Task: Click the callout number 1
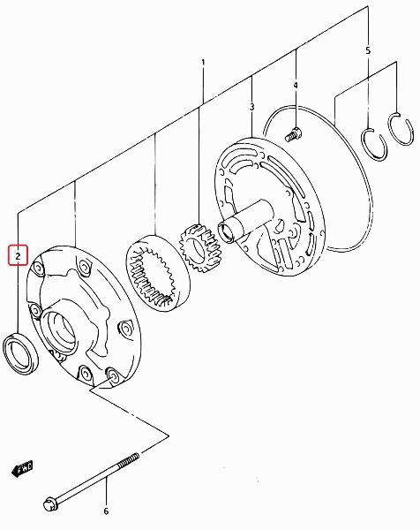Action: pyautogui.click(x=203, y=63)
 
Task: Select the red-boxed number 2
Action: pyautogui.click(x=18, y=255)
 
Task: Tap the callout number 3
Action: pyautogui.click(x=251, y=107)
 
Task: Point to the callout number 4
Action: pyautogui.click(x=296, y=85)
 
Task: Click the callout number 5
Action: pyautogui.click(x=368, y=50)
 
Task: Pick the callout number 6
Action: pyautogui.click(x=106, y=511)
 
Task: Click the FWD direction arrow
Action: pyautogui.click(x=22, y=468)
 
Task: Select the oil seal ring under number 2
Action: pyautogui.click(x=20, y=352)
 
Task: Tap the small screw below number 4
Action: pyautogui.click(x=293, y=134)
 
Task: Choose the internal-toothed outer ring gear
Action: pyautogui.click(x=158, y=273)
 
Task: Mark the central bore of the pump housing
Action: pyautogui.click(x=60, y=331)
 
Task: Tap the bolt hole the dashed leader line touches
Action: pyautogui.click(x=112, y=375)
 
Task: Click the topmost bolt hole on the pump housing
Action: pyautogui.click(x=84, y=266)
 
